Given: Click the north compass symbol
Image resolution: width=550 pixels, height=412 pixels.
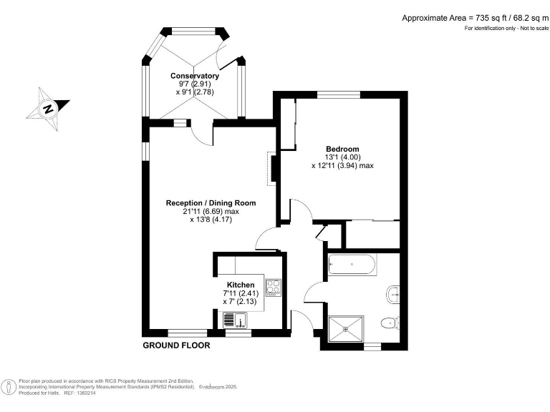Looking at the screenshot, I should click(48, 109).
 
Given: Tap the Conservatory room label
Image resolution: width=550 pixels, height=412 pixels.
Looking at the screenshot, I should click(194, 76).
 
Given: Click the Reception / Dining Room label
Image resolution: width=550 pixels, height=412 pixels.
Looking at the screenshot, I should click(211, 203).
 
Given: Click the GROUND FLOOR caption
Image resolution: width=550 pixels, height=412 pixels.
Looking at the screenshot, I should click(176, 345).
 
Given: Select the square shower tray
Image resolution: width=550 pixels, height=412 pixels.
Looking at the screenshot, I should click(347, 329).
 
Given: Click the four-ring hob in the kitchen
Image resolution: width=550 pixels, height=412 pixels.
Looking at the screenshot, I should click(274, 288).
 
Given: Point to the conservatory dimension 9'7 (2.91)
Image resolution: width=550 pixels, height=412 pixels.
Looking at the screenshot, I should click(194, 84).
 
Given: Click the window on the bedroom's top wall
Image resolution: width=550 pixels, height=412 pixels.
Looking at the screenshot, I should click(339, 94).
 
